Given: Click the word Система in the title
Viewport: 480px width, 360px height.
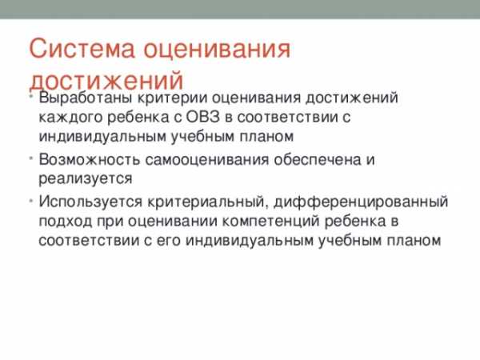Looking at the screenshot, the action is coord(82,48).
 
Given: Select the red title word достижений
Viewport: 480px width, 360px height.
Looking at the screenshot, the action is coord(106,80).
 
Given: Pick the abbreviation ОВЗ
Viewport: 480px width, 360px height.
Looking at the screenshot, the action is coord(202,117).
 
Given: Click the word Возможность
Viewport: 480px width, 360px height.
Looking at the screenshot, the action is coord(89,159).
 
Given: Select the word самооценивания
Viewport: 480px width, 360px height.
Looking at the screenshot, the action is coord(207,160).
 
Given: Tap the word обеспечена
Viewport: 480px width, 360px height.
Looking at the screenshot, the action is coord(316,159).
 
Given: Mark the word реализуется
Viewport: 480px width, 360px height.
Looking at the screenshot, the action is coord(86,178).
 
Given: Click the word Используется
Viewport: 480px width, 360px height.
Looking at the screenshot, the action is coord(90,202).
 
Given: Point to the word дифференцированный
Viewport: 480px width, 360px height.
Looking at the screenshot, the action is coord(361,202).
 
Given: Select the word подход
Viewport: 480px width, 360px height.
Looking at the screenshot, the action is coord(66,221).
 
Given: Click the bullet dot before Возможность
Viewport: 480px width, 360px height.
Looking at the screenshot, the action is coord(31,158).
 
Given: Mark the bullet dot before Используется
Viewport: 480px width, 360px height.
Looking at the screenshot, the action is coord(31,201).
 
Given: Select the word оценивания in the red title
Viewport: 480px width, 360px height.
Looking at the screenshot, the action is coord(217,48).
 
